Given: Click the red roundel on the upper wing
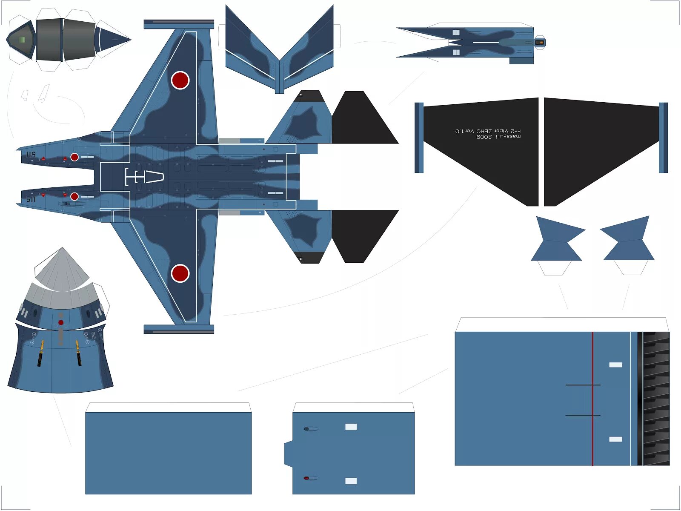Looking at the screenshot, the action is (x=180, y=80).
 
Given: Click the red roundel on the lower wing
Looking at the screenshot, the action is (x=180, y=273).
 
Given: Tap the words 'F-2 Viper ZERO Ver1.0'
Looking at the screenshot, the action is (x=488, y=131).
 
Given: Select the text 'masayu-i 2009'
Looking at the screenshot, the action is (x=498, y=137).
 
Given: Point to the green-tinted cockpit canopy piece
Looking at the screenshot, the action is (x=21, y=40).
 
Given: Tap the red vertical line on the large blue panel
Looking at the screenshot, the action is (x=592, y=399).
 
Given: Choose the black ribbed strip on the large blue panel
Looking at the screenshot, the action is (x=655, y=399).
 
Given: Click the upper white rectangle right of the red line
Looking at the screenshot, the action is (x=615, y=365).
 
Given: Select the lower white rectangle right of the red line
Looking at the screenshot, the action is (x=615, y=439).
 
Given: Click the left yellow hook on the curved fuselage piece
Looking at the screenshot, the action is (x=41, y=353).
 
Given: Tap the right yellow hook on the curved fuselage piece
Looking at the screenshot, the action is (x=78, y=353).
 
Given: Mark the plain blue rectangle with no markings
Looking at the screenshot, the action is (x=168, y=453).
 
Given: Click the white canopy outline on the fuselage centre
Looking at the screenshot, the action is (x=145, y=177).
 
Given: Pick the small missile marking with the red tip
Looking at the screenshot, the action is (x=311, y=478).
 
